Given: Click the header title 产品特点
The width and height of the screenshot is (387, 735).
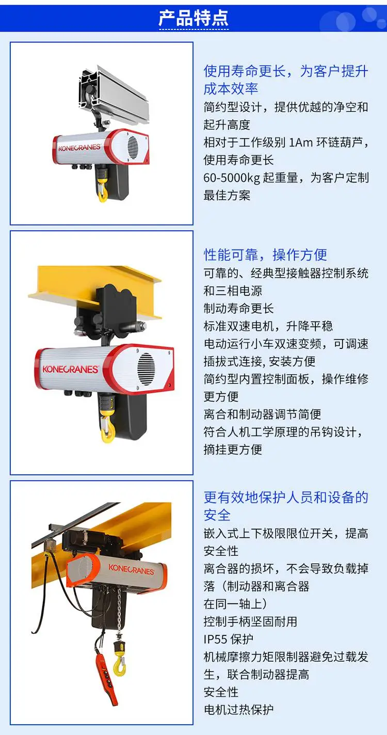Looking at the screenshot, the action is (193, 18).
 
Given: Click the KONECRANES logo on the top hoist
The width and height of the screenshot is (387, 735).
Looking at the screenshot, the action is (79, 147).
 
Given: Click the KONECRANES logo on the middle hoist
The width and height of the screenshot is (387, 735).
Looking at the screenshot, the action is (70, 370).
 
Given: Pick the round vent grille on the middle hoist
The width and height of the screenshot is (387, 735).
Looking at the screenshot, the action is (146, 369).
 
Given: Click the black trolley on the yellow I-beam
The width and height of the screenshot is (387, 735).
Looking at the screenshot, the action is (108, 312).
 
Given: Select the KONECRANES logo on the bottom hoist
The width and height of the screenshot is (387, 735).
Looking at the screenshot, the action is (131, 569).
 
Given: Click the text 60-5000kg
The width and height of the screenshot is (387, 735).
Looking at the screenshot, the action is (232, 178).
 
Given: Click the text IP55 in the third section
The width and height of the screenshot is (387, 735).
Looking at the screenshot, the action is (216, 639).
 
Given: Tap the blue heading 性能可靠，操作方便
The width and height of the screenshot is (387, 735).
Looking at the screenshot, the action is (265, 254).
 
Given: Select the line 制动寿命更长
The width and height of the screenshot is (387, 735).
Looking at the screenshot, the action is (238, 309).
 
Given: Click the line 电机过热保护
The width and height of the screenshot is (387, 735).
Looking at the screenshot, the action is (238, 710).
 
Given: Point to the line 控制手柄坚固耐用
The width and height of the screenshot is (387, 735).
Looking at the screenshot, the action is (250, 621).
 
